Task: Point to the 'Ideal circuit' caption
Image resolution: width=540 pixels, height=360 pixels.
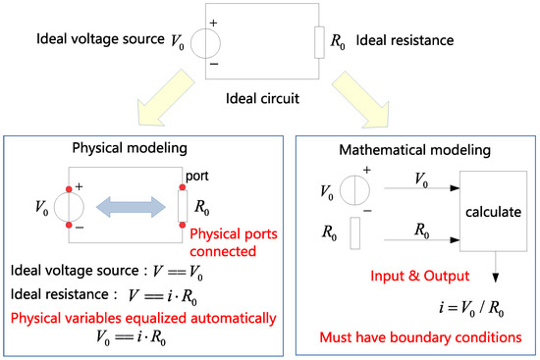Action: coord(260,99)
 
